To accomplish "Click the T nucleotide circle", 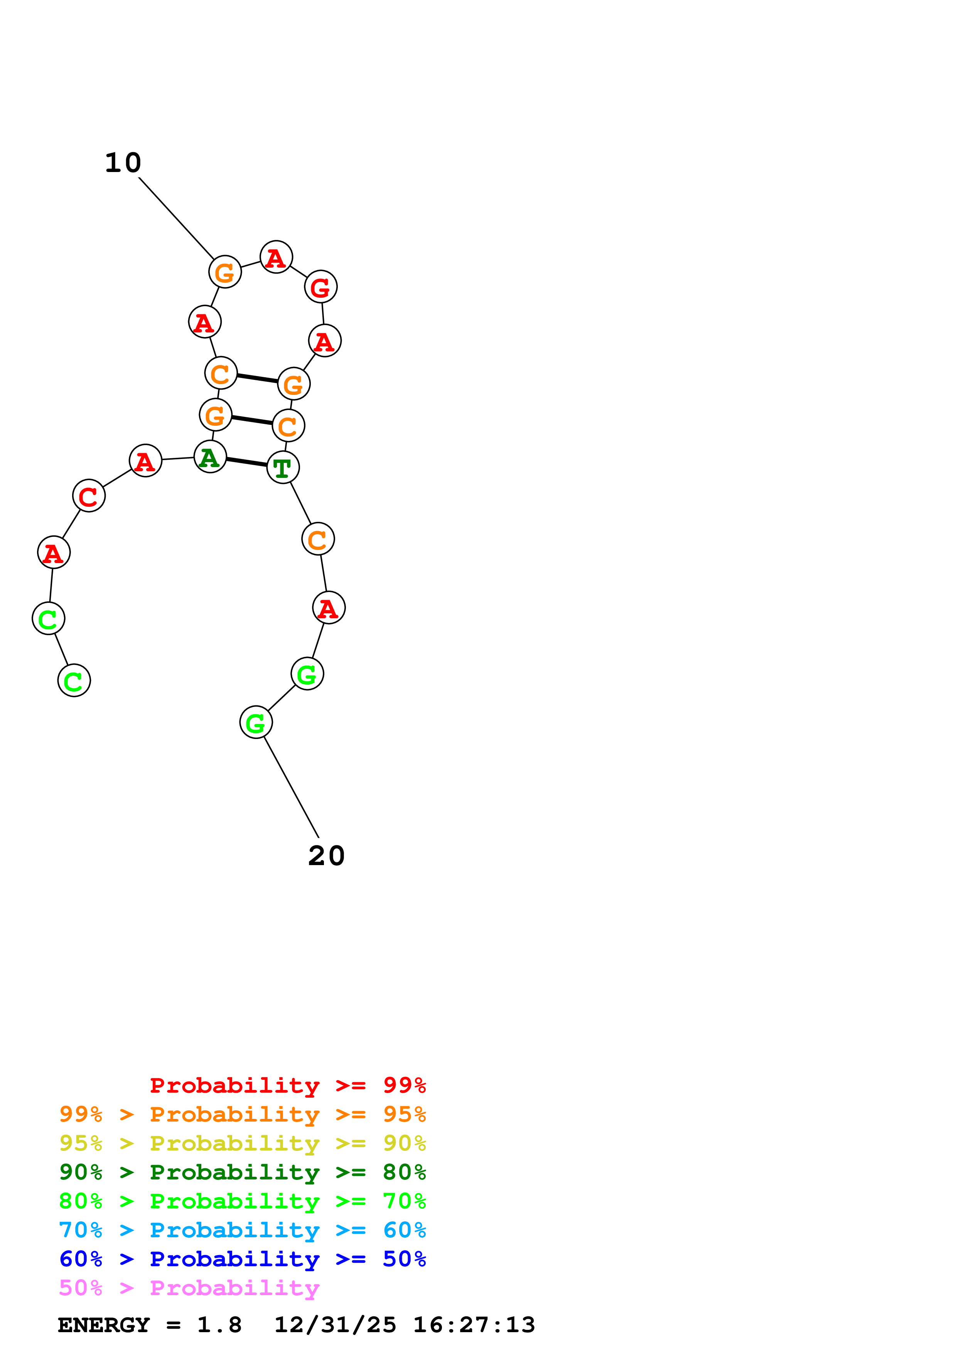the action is tap(283, 467).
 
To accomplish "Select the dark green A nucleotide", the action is tap(210, 457).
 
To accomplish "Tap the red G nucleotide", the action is tap(320, 287).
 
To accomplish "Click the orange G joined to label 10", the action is tap(225, 272).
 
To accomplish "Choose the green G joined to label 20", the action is tap(256, 722).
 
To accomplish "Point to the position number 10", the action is tap(123, 163).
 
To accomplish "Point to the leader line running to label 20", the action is tap(291, 787).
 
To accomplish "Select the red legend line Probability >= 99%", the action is tap(287, 1085).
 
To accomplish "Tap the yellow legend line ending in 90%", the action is tap(242, 1143).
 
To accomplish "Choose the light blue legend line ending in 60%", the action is tap(242, 1230).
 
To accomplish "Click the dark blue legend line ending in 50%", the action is tap(242, 1259).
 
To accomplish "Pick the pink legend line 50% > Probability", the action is tap(189, 1287).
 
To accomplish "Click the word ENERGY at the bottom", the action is tap(104, 1325).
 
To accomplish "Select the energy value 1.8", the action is tap(219, 1325).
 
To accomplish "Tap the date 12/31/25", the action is tap(335, 1325).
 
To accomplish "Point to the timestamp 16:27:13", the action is tap(474, 1325).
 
